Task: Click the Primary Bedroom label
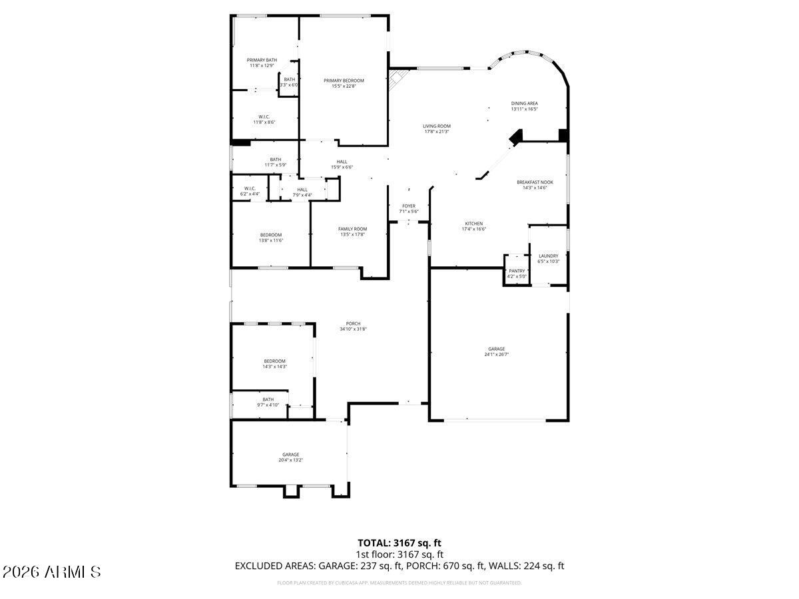(x=344, y=81)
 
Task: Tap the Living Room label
(x=437, y=126)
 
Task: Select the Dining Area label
(x=524, y=103)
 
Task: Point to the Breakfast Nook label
(x=535, y=182)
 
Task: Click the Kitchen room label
(x=473, y=224)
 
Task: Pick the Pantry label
(x=517, y=271)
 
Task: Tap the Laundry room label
(x=548, y=256)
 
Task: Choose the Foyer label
(x=408, y=206)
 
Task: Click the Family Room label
(x=352, y=229)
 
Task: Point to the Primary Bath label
(x=262, y=60)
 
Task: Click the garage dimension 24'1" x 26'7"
(x=496, y=355)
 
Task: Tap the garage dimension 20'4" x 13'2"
(x=290, y=460)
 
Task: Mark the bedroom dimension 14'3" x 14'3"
(x=274, y=367)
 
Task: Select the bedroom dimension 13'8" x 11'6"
(x=271, y=240)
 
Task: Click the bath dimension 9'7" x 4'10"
(x=268, y=405)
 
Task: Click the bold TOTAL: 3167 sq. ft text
(x=400, y=542)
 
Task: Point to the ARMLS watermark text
(x=52, y=572)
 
